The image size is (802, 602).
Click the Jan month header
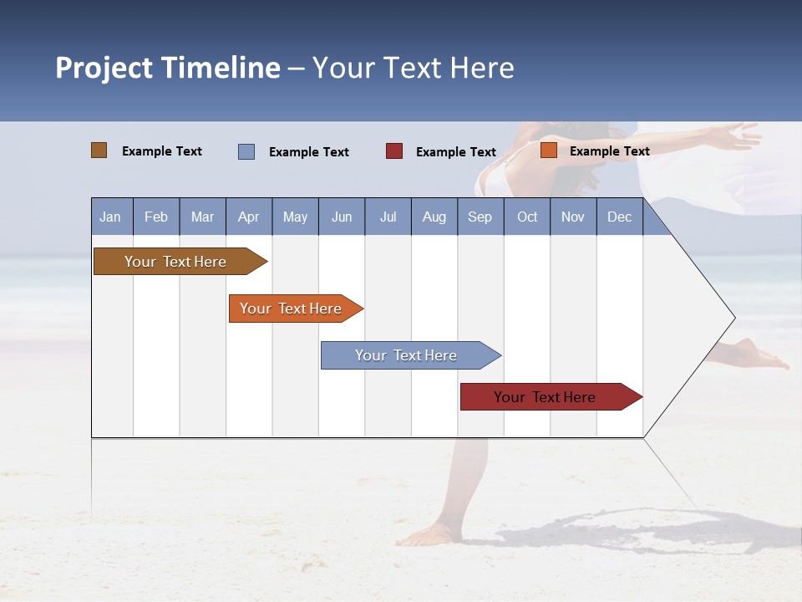click(110, 217)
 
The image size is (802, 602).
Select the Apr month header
click(248, 217)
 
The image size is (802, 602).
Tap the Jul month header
click(388, 217)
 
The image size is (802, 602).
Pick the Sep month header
click(480, 217)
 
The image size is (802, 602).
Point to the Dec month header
click(619, 217)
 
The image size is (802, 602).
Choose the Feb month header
click(156, 217)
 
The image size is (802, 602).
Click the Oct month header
click(527, 217)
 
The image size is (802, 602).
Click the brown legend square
click(99, 150)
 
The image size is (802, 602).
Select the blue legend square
click(246, 151)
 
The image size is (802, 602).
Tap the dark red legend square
click(394, 151)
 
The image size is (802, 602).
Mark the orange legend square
click(549, 150)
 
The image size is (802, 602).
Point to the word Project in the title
click(104, 68)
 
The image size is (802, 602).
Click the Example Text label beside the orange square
click(609, 151)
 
